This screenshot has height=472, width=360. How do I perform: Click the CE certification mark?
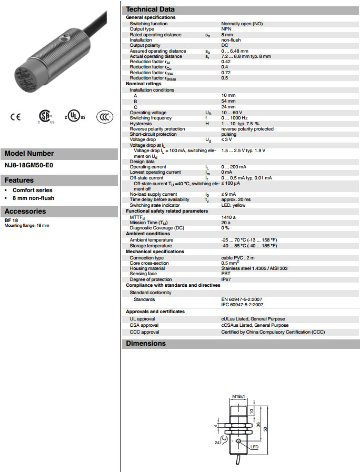(15, 117)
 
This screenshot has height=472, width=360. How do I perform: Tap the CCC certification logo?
(104, 117)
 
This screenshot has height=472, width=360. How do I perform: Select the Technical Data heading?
(150, 9)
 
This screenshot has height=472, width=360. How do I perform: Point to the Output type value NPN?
(226, 29)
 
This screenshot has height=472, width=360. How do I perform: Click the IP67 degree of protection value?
(226, 279)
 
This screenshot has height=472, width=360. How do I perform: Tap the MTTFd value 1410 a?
(229, 217)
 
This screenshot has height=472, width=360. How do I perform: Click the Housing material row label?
(147, 268)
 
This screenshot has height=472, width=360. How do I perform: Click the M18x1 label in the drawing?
(239, 396)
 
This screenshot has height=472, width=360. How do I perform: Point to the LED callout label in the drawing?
(255, 447)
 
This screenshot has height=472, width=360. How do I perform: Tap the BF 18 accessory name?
(11, 220)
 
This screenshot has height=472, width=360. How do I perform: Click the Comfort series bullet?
(33, 190)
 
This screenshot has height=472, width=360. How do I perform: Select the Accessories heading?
(25, 211)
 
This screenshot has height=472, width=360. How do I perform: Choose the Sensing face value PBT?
(226, 274)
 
